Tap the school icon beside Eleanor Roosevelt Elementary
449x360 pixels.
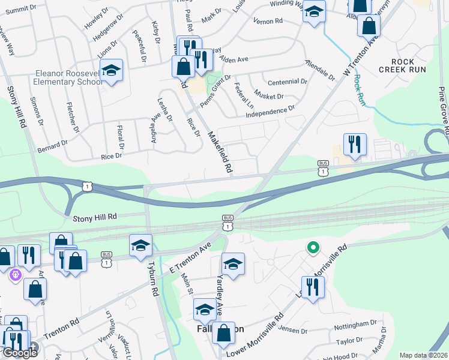click(x=111, y=71)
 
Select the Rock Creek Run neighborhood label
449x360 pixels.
click(x=402, y=66)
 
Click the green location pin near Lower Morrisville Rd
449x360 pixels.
click(x=312, y=247)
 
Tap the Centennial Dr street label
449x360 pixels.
click(x=288, y=82)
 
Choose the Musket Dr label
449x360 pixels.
click(x=270, y=96)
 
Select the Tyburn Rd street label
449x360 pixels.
click(x=154, y=280)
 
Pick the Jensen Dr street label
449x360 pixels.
click(x=292, y=329)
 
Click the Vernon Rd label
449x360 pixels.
click(x=268, y=21)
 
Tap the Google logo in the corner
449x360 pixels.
click(x=20, y=352)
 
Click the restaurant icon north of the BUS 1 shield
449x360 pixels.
click(x=354, y=144)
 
